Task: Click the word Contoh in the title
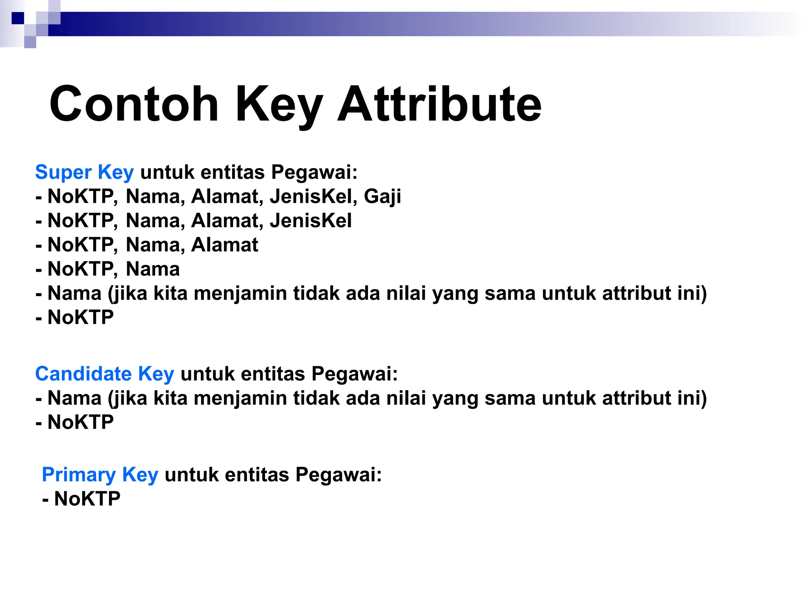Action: click(134, 104)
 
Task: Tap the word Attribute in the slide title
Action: click(439, 104)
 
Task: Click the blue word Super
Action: click(63, 173)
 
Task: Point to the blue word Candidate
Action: click(83, 374)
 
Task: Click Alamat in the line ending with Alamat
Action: click(225, 245)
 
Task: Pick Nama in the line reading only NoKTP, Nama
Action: click(153, 269)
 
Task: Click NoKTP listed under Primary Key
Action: click(87, 499)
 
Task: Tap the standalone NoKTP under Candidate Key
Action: click(81, 422)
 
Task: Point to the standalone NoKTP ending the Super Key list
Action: click(81, 317)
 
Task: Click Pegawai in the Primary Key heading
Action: click(338, 475)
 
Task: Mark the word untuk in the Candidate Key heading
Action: click(207, 374)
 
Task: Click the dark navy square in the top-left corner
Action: click(18, 18)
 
